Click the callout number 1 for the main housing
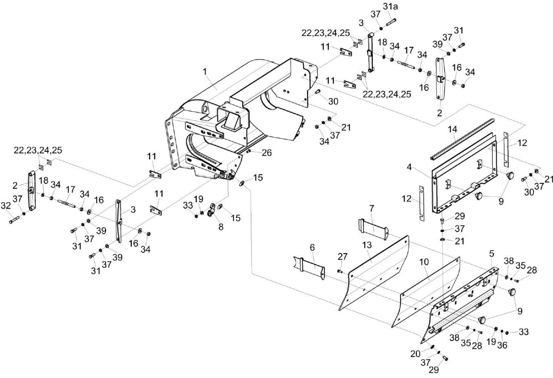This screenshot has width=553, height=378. [206, 72]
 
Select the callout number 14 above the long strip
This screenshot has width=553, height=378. [453, 129]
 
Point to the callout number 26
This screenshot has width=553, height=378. [267, 153]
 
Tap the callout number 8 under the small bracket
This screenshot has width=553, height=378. [221, 227]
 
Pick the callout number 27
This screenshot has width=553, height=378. [343, 256]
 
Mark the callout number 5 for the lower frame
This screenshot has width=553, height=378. [491, 253]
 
